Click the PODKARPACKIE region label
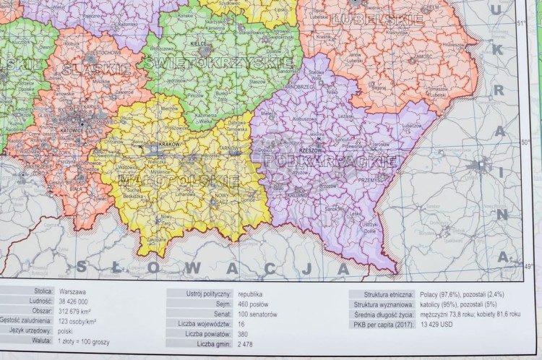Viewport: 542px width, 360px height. (x=330, y=160)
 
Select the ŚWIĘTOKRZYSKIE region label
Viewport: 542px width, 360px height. (x=219, y=63)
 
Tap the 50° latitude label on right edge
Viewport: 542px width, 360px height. (x=526, y=142)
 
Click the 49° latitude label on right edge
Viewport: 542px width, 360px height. (x=528, y=266)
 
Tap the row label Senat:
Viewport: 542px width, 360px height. (x=219, y=314)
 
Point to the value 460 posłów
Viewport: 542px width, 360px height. (x=256, y=304)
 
